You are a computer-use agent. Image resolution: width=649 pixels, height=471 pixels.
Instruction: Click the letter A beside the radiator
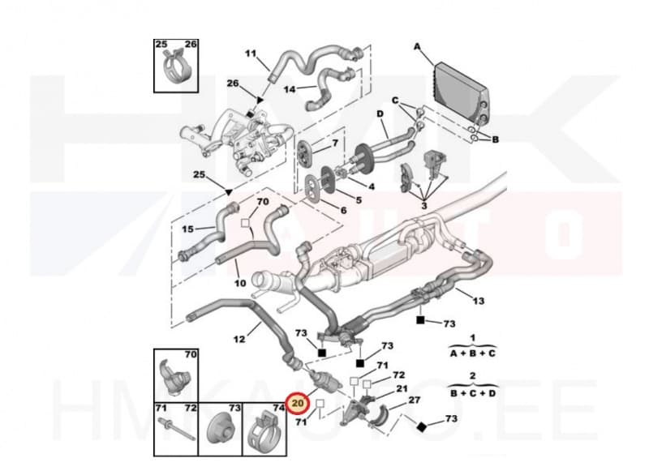[418, 47]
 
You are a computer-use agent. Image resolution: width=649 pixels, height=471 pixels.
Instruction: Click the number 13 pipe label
[479, 301]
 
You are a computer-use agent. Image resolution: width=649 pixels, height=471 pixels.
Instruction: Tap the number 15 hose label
[187, 229]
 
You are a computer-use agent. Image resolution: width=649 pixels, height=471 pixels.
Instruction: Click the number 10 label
[240, 283]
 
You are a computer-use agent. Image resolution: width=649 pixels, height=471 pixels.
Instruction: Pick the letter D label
[380, 114]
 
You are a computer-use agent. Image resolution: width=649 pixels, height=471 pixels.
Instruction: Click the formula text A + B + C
[473, 353]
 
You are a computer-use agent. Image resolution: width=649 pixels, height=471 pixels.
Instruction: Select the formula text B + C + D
[474, 392]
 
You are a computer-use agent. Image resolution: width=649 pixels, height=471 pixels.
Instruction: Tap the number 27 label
[415, 399]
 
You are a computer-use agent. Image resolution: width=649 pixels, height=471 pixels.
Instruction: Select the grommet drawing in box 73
[218, 427]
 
